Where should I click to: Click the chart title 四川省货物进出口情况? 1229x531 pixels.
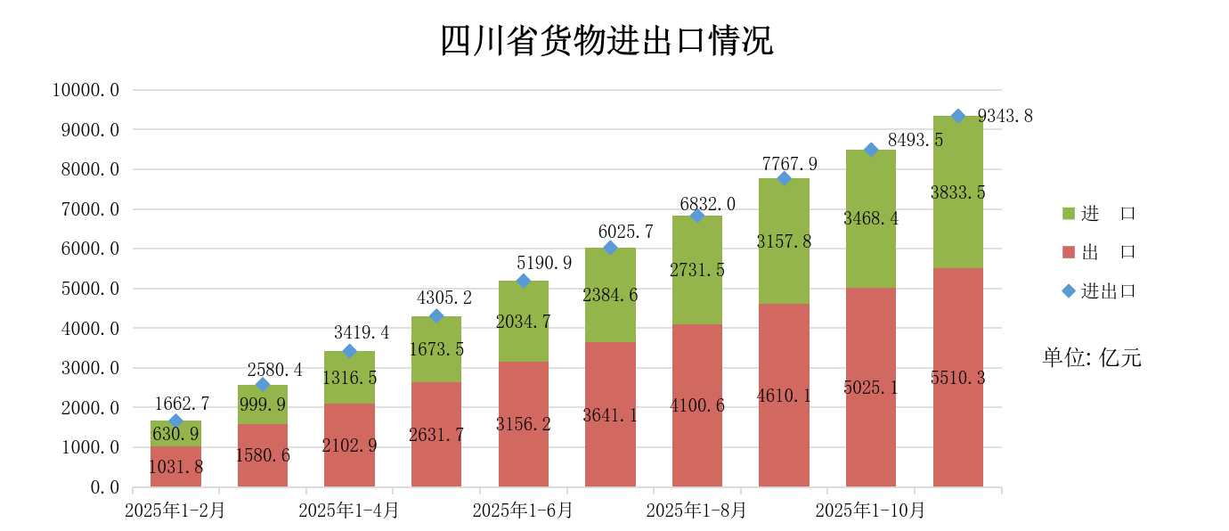607,41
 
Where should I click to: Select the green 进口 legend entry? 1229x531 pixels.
1098,214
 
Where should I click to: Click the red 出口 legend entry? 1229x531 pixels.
1098,252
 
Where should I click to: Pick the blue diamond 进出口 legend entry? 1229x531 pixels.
1098,290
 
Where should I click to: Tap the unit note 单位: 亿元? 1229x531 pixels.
1092,358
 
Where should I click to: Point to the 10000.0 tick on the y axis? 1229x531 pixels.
85,90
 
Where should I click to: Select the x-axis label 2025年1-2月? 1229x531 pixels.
175,511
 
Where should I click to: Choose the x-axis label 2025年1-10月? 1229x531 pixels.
871,511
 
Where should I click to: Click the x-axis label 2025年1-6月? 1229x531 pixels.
523,511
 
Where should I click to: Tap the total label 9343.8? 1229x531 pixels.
1005,116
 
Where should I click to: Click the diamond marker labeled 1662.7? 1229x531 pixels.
175,421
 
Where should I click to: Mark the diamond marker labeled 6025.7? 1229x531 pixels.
610,248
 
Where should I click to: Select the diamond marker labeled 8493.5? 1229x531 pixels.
871,150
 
